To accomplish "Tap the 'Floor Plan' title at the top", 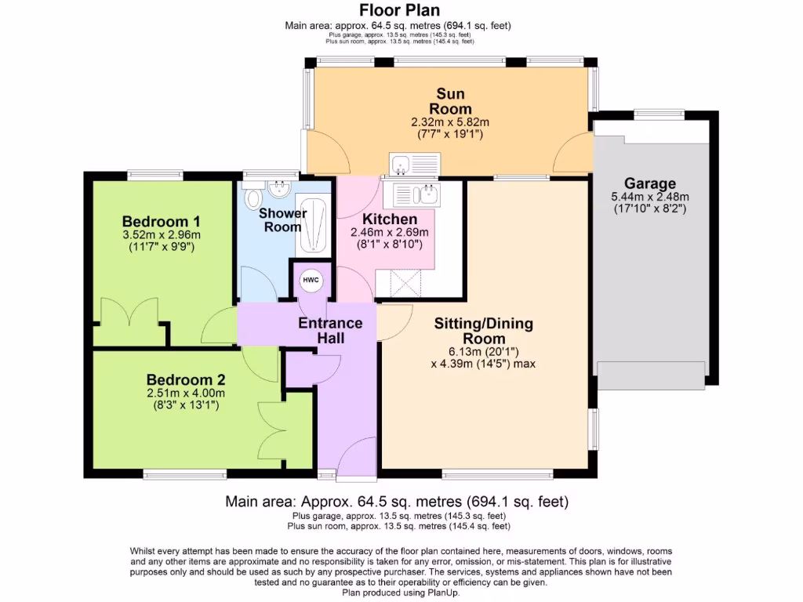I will click(399, 10).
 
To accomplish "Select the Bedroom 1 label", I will click(155, 221).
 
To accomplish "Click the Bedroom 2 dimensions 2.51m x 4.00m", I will click(185, 393).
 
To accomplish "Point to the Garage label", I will click(650, 184).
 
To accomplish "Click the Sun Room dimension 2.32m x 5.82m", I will click(450, 122).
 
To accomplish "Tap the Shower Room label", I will click(282, 220).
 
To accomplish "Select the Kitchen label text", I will click(389, 219).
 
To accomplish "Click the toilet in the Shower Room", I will click(254, 197).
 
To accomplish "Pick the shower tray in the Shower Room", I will click(312, 227).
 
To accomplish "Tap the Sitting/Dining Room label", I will click(483, 331).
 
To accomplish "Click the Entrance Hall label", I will click(330, 330).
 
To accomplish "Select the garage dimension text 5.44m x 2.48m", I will click(650, 197).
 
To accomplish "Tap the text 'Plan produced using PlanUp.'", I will click(401, 593).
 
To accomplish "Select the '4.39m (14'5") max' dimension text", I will click(483, 363).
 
